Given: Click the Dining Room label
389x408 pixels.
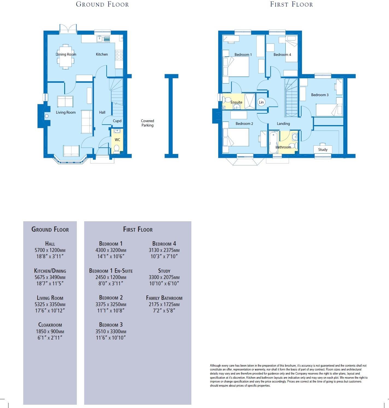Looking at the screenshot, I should [x=66, y=54].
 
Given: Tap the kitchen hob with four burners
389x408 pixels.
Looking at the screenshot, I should [x=119, y=55].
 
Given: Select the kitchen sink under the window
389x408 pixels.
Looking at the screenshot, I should [x=103, y=39].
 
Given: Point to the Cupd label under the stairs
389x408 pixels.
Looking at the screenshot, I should [x=117, y=121].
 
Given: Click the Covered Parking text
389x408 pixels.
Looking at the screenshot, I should [x=147, y=123].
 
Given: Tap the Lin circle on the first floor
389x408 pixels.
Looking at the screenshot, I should [x=261, y=102].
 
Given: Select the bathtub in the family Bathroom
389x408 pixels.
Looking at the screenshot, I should [x=273, y=142].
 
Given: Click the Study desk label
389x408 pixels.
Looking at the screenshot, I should [x=323, y=150].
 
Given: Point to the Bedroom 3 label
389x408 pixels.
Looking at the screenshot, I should [x=320, y=95].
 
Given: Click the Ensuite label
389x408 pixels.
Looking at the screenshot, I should [x=236, y=102].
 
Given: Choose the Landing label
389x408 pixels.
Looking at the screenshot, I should [x=283, y=123].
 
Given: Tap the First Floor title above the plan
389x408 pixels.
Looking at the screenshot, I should [x=291, y=4].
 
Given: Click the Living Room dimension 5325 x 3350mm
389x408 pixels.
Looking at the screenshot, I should [x=50, y=304].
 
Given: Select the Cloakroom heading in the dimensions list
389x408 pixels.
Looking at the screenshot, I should [x=50, y=325].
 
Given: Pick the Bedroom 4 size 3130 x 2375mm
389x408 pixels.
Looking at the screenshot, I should [x=164, y=250].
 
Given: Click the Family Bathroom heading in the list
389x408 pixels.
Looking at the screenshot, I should [x=164, y=298].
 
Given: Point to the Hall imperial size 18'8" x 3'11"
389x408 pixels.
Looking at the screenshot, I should [x=50, y=257].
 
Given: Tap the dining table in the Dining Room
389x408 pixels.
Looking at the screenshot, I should [x=66, y=57].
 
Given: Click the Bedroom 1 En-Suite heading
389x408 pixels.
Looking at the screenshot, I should [x=111, y=271].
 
